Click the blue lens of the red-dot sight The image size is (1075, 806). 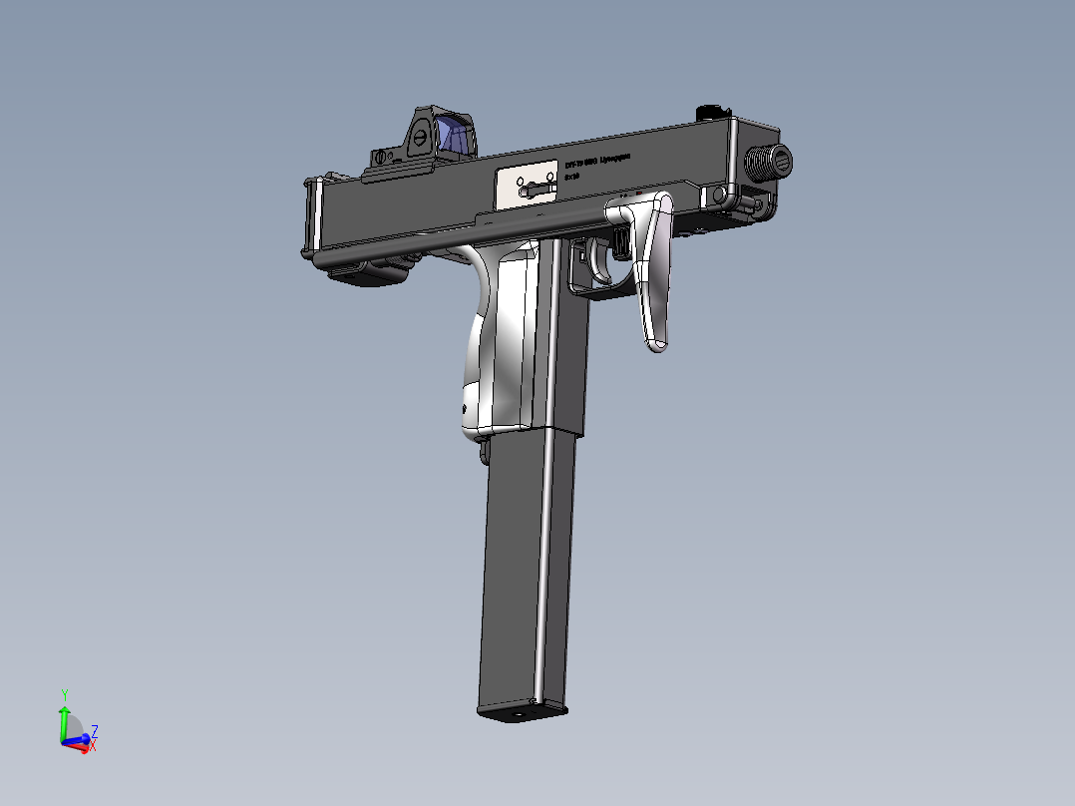tap(455, 137)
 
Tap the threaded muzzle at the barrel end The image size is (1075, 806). tap(770, 161)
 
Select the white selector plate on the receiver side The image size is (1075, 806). tap(526, 183)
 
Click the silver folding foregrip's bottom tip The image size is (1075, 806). tap(657, 343)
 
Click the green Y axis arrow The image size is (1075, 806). tap(64, 720)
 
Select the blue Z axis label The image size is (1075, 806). tap(94, 729)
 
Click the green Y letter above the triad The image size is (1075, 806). tap(64, 693)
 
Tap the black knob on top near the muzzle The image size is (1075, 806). tap(712, 110)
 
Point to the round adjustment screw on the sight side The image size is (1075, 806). tap(421, 139)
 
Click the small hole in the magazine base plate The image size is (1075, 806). tap(519, 714)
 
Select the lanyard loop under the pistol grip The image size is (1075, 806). tap(485, 454)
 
